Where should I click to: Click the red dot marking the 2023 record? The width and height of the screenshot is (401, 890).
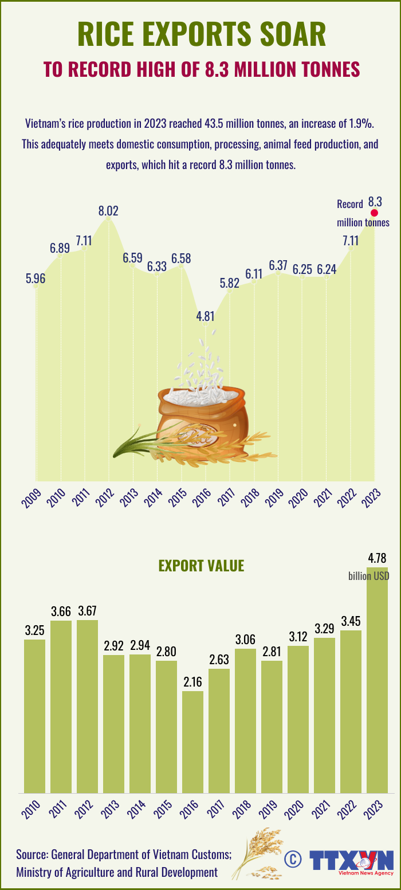point(375,213)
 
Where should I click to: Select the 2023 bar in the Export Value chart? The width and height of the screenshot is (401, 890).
point(377,688)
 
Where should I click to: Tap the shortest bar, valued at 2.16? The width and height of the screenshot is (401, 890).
point(193,742)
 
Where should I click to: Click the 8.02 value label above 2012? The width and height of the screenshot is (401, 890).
point(108,210)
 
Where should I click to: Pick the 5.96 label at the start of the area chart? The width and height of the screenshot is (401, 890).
point(36,279)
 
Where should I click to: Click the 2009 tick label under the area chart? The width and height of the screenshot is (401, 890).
point(32,498)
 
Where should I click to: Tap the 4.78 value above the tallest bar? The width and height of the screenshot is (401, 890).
point(377,558)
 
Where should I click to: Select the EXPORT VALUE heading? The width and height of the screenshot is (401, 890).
point(201,566)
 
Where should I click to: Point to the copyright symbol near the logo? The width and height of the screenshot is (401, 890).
point(293,858)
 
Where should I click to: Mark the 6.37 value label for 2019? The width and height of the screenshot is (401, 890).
point(278,265)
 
